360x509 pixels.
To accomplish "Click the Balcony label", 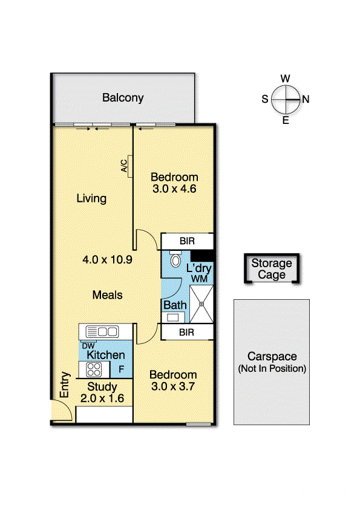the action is (123, 98).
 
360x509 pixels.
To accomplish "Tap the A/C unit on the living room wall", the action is (130, 166).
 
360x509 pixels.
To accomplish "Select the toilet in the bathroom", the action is (175, 259).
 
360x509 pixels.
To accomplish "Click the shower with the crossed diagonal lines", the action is (201, 304).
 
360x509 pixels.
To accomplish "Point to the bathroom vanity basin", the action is (172, 317).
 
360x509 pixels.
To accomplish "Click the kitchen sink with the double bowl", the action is (102, 332).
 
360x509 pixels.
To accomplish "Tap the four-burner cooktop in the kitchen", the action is (94, 370).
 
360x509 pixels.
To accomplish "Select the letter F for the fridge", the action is (121, 369).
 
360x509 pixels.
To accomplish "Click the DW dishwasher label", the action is (88, 346).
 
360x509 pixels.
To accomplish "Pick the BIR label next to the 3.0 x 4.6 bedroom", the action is (187, 241).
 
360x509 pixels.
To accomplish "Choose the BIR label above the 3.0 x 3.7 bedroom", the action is (186, 332).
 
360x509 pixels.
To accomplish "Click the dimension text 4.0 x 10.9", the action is (107, 259).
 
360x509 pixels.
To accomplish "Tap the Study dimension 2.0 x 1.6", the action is (102, 398).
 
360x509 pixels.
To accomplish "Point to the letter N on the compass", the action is (306, 99).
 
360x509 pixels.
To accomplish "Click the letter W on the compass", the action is (285, 78).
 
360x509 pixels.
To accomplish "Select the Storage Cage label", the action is (272, 269).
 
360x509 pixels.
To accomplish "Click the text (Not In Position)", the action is (272, 369).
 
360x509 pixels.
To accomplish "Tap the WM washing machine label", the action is (199, 279).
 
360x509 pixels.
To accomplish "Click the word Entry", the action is (65, 384).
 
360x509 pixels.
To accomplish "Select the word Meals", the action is (107, 295).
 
